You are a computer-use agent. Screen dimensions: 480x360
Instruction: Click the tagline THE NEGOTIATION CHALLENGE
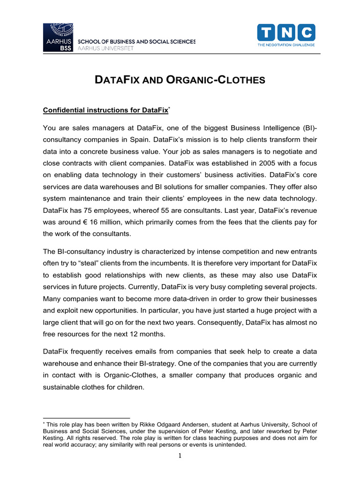286,45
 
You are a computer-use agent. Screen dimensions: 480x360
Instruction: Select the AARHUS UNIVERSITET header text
105,48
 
